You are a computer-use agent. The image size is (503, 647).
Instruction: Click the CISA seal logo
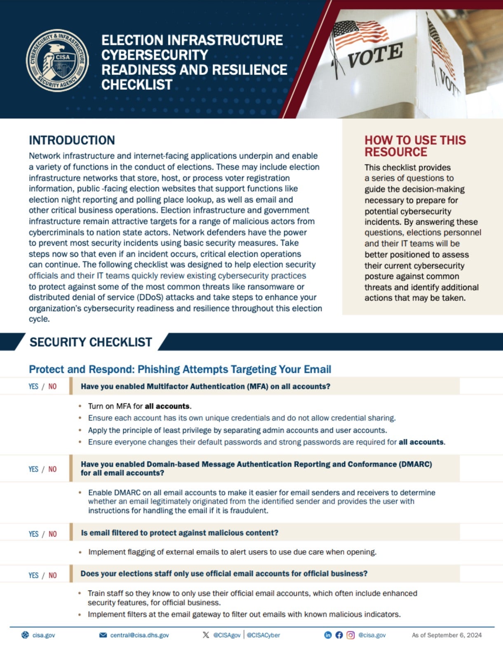tap(57, 61)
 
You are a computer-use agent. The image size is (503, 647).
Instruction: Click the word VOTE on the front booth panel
tap(375, 55)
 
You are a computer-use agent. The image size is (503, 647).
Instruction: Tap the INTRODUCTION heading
tap(72, 140)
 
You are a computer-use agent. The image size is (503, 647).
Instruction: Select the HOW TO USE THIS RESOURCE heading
tap(415, 146)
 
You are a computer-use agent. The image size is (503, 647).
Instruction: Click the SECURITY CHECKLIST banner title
tap(91, 342)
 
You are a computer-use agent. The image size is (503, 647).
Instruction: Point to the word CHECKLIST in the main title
tap(137, 84)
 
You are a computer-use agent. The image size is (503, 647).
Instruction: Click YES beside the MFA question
tap(33, 387)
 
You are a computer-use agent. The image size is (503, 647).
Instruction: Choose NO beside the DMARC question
tap(52, 469)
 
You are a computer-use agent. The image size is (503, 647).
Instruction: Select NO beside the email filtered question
tap(52, 534)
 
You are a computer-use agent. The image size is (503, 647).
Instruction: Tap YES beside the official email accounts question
tap(33, 575)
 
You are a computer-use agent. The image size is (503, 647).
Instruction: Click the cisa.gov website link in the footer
tap(44, 635)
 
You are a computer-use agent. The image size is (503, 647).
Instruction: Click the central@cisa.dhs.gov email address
tap(139, 635)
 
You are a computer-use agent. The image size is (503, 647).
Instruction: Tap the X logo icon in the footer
tap(206, 635)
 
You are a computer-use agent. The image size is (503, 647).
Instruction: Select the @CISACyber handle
tap(263, 635)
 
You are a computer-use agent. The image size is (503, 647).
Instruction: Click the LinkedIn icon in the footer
tap(328, 635)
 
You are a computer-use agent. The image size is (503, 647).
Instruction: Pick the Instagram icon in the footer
tap(350, 635)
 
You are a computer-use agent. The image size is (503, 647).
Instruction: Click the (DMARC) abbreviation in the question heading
tap(415, 464)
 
